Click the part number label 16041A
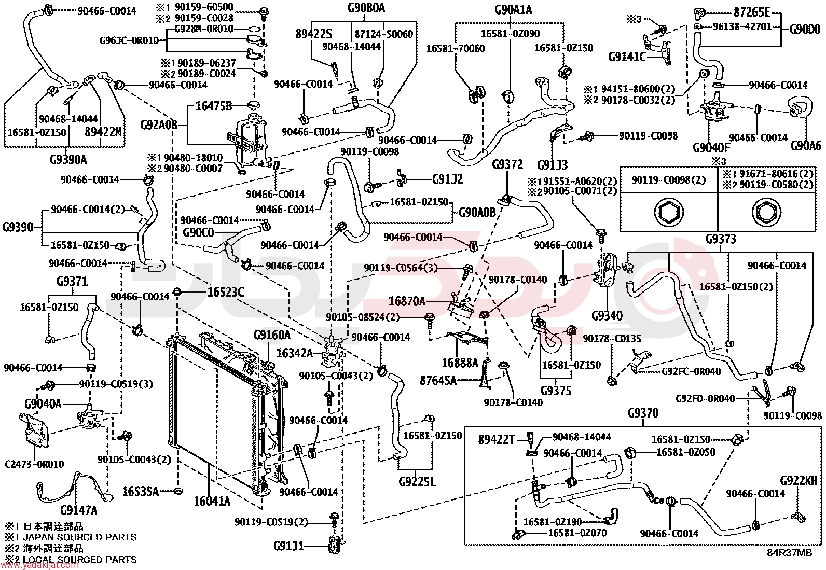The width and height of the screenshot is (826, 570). coord(212,501)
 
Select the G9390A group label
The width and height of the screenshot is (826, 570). coord(68,160)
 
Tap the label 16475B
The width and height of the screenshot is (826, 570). coord(214,106)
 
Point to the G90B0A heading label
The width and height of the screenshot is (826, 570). coord(366,8)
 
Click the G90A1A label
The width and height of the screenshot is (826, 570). coord(513,10)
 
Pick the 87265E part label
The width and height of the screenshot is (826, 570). coord(752,12)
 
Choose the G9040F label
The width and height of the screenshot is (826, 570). coord(711,147)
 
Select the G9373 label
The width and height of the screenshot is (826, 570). coord(721,239)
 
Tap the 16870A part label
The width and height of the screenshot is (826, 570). coord(407,301)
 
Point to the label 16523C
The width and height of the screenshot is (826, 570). coord(226,293)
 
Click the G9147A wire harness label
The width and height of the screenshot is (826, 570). coord(78,510)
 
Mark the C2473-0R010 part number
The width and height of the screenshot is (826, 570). coord(34,464)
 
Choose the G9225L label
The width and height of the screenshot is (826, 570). coord(418,481)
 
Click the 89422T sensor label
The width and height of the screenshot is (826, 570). coord(497,439)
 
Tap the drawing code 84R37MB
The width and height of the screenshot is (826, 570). coord(790,553)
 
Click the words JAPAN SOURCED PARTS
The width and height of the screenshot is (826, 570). coord(80,537)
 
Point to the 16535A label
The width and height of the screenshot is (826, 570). coord(140,491)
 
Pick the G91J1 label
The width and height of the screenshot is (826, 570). coord(289,546)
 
